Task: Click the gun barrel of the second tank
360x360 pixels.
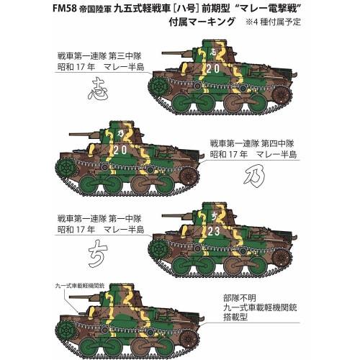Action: point(81,134)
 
